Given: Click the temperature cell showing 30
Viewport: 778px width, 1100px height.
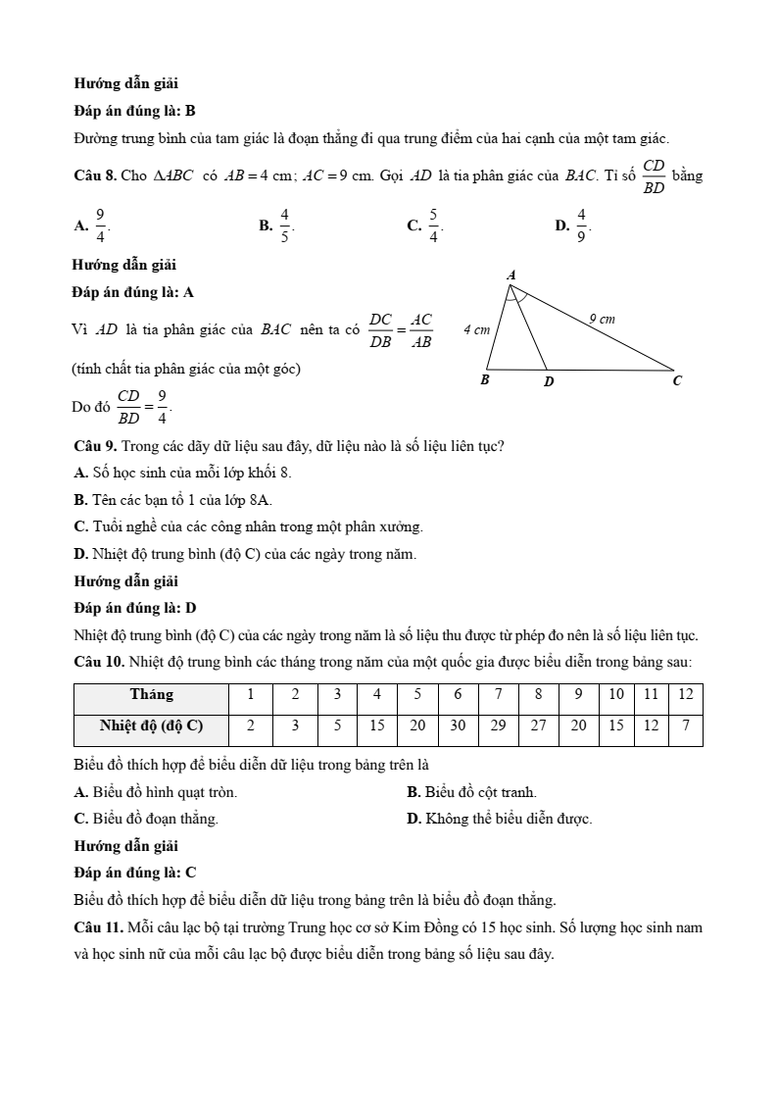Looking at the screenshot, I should (x=458, y=726).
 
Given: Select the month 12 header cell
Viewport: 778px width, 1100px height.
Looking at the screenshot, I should (x=685, y=694).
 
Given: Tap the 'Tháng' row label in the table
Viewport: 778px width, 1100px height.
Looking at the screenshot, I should (x=151, y=694).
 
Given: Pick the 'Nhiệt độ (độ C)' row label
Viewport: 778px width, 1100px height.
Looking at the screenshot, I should (x=151, y=726).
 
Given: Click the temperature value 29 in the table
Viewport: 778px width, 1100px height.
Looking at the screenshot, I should (x=498, y=726).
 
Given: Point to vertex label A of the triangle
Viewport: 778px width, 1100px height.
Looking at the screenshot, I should (x=511, y=275).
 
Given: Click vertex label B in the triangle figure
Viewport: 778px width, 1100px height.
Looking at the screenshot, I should (x=484, y=379).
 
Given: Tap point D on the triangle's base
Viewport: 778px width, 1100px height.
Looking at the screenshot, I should (x=548, y=380).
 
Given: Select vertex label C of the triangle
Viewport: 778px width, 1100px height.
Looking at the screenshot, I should (x=676, y=380).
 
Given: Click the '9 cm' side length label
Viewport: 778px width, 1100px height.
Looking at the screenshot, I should (x=602, y=319).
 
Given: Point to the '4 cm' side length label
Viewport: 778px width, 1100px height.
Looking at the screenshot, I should (x=476, y=329).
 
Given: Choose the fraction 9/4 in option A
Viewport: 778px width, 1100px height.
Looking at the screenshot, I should (x=100, y=225).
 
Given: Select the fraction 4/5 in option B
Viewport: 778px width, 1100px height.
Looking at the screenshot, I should (x=285, y=225).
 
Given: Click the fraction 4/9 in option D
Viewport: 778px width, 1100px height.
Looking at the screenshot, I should (x=581, y=225).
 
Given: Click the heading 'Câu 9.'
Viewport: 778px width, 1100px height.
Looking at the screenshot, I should (x=95, y=446).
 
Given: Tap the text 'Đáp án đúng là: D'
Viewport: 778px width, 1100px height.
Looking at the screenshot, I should (x=135, y=608).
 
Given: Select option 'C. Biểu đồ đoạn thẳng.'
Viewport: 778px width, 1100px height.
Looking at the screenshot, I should (x=146, y=818).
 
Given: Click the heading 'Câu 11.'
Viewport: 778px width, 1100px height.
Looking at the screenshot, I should (x=99, y=926).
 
